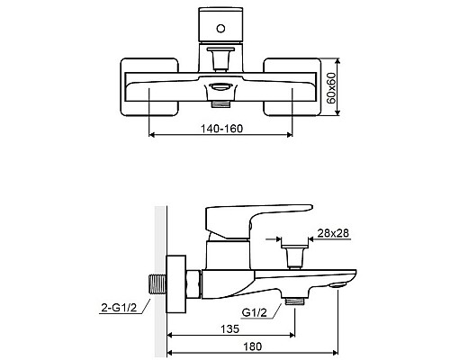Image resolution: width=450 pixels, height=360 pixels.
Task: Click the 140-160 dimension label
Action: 221,129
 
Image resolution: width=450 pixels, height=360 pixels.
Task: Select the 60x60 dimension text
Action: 331,88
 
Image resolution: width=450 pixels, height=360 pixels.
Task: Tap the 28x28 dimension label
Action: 333,233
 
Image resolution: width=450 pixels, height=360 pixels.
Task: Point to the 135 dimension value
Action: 230,328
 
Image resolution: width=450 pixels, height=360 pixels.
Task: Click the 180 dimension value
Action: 252,346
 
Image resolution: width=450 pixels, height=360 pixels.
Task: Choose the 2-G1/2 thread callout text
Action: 119,307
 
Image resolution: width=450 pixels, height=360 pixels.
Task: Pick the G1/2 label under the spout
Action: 255,313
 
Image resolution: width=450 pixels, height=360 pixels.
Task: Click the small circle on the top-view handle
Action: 220,29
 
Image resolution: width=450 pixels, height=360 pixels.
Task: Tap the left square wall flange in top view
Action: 149,87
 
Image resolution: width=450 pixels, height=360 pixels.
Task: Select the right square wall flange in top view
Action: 292,87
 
